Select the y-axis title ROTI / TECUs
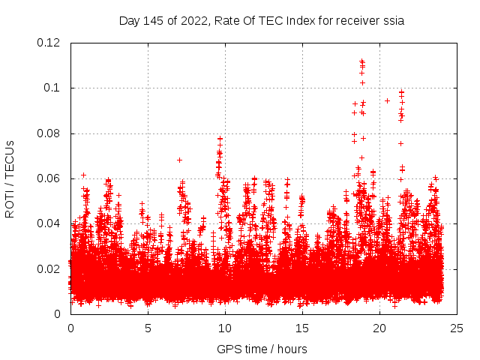pyautogui.click(x=10, y=178)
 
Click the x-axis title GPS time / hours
pyautogui.click(x=262, y=349)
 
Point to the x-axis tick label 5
pyautogui.click(x=148, y=328)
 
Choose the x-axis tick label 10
pyautogui.click(x=225, y=328)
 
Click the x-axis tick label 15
pyautogui.click(x=302, y=328)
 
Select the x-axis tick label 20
pyautogui.click(x=379, y=328)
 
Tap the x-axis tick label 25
pyautogui.click(x=457, y=328)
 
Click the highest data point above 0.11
pyautogui.click(x=361, y=61)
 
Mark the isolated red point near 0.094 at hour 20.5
pyautogui.click(x=387, y=100)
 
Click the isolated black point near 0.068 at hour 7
pyautogui.click(x=179, y=160)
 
